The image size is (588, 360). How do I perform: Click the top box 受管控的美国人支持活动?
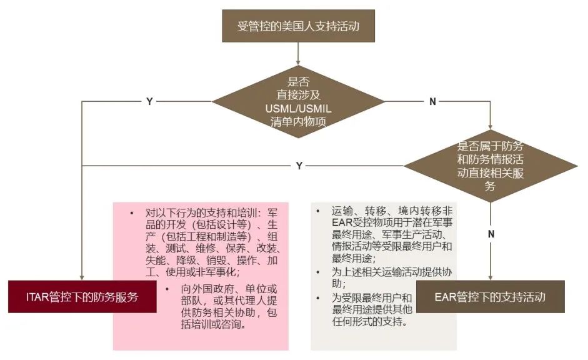coord(298,26)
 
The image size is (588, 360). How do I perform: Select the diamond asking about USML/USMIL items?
coord(298,101)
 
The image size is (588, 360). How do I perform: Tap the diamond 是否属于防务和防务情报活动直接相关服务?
coord(490,166)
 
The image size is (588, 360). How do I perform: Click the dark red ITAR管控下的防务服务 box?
coord(82,297)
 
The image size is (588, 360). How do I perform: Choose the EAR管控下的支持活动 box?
coord(490,297)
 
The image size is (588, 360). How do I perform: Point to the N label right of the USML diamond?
coord(432,102)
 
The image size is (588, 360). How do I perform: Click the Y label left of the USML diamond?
coord(149,102)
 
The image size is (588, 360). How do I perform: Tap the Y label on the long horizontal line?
coord(299,166)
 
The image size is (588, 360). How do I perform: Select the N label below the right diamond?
coord(491,234)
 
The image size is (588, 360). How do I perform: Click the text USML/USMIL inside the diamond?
coord(298,109)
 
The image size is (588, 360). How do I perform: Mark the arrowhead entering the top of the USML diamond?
coord(298,62)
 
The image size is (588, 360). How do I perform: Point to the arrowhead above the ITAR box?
coord(82,277)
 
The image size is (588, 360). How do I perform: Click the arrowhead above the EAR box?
coord(490,277)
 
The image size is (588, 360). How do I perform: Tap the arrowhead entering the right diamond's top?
coord(490,127)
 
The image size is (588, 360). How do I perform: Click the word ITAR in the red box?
coord(37,297)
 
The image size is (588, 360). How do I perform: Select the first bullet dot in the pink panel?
coord(132,213)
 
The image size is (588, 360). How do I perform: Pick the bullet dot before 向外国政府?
coord(167,289)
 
